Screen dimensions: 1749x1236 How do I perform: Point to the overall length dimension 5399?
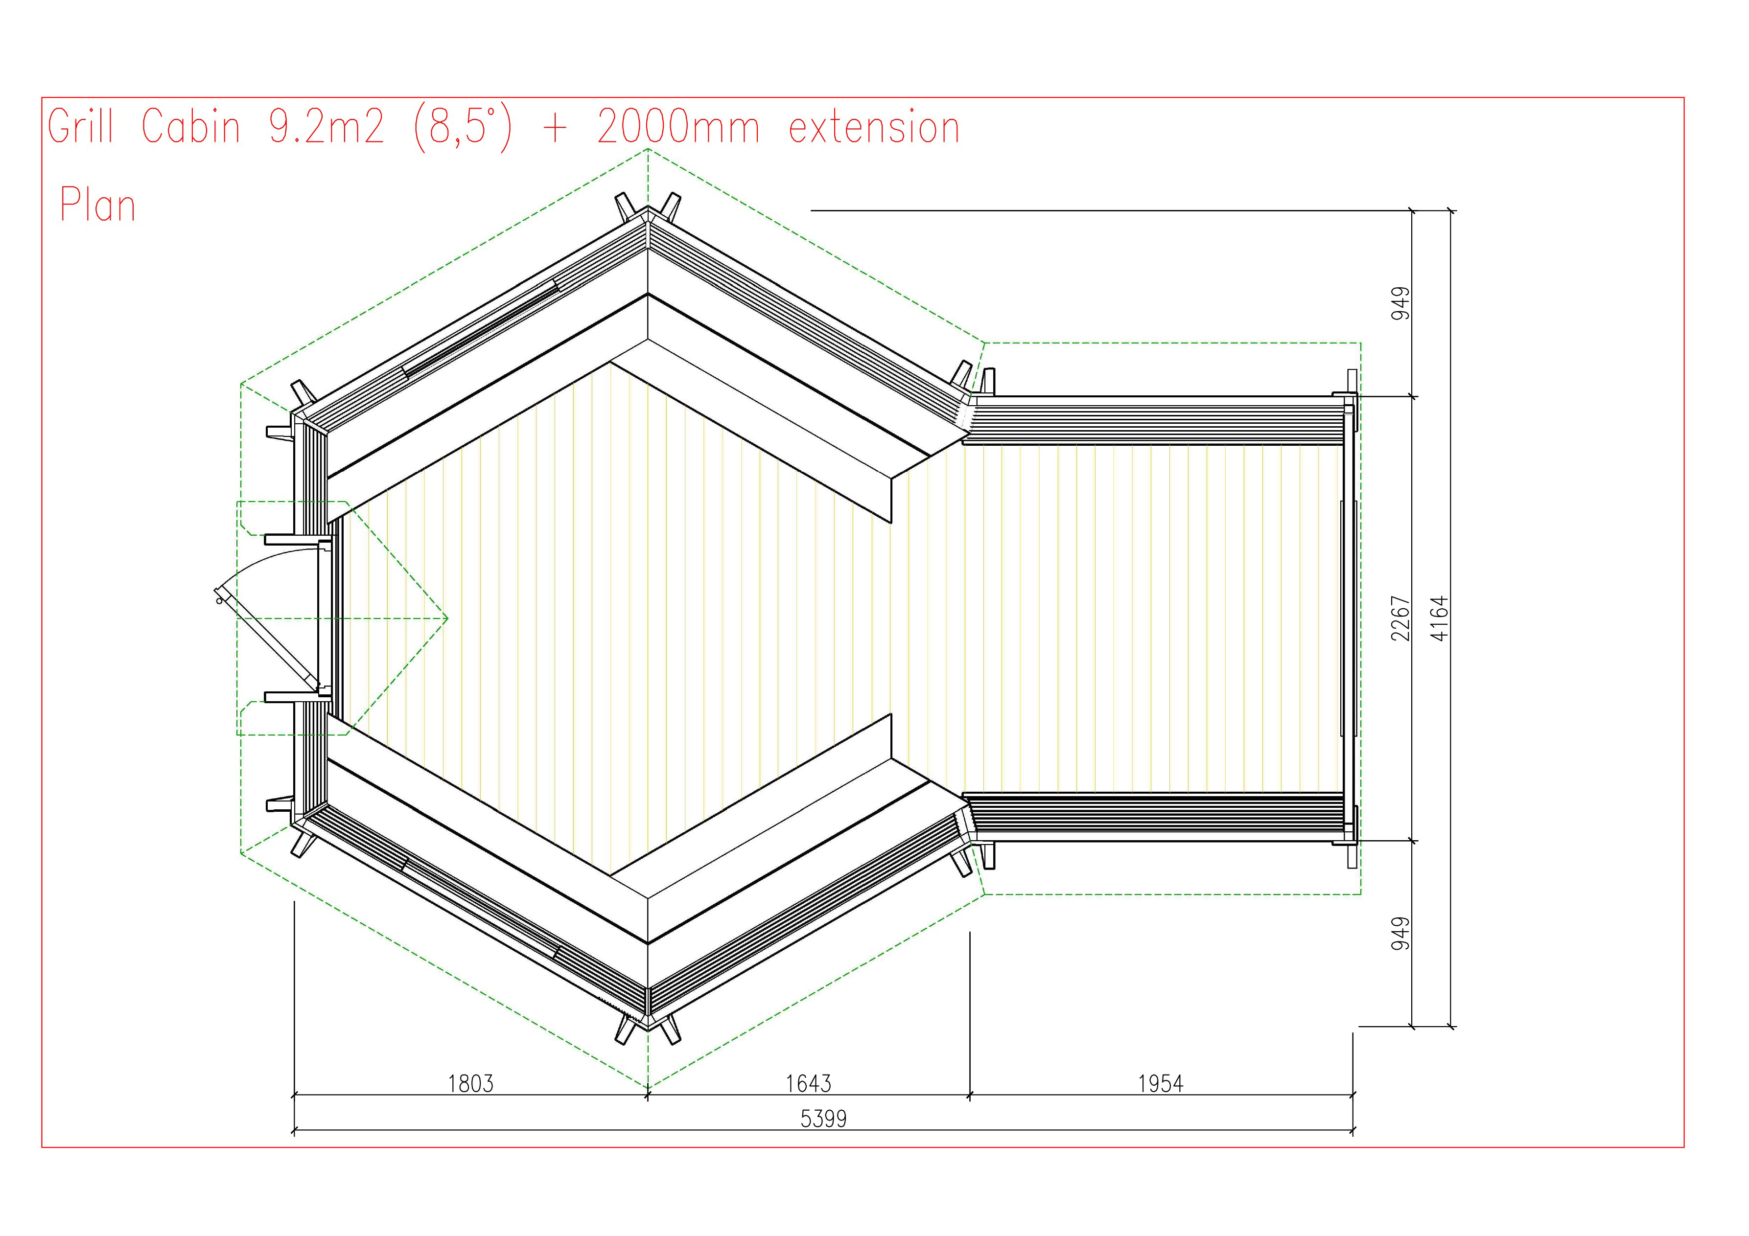(x=823, y=1118)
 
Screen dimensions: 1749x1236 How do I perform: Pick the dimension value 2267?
(x=1400, y=618)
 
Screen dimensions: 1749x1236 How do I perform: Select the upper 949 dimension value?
(x=1400, y=303)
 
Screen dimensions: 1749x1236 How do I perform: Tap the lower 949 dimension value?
(x=1400, y=934)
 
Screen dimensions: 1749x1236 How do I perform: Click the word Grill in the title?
(x=80, y=126)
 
